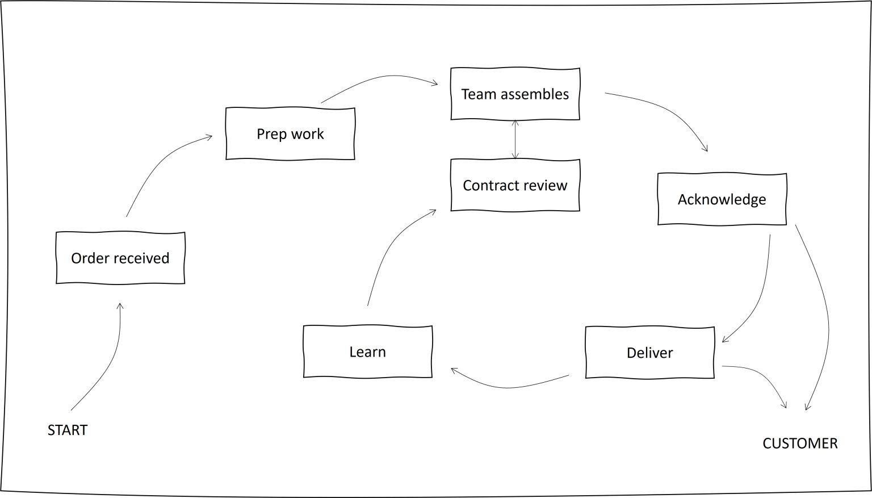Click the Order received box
coord(120,258)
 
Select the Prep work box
coord(290,134)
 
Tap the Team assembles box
coord(515,94)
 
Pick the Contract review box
coord(515,186)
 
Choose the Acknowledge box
coord(722,199)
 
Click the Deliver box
coord(649,353)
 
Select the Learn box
coord(367,352)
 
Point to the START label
coord(68,430)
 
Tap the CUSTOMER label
coord(799,443)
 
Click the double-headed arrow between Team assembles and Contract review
coord(515,139)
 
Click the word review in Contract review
coord(546,186)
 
